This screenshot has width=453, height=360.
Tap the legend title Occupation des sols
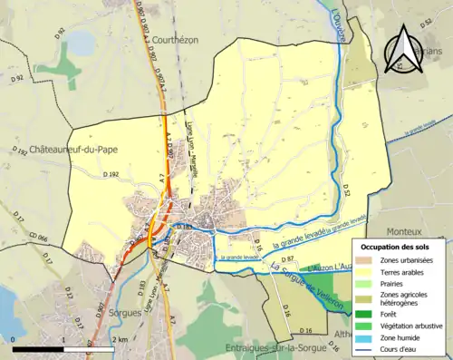click(397, 247)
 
